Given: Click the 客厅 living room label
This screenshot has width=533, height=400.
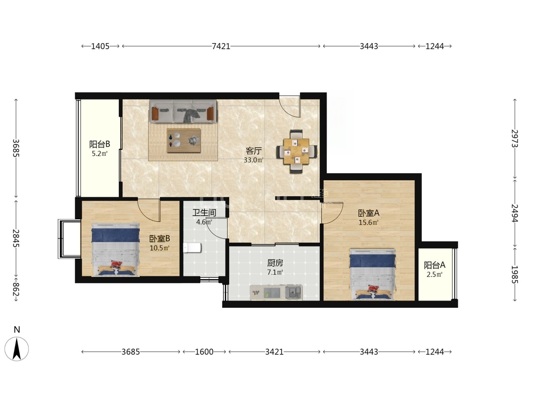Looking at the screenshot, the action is (x=254, y=151).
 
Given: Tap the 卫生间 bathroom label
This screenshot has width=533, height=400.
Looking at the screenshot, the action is (x=204, y=213).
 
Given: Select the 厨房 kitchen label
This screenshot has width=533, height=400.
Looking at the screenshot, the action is (x=275, y=263).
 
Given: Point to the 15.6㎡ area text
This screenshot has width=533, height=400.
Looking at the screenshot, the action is (x=369, y=222).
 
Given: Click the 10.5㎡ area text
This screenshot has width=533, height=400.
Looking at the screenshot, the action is (x=159, y=248).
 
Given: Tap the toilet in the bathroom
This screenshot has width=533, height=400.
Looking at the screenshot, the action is (x=192, y=248).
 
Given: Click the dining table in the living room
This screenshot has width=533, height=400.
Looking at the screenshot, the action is (x=296, y=151).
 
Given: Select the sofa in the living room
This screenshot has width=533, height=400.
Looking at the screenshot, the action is (x=183, y=111).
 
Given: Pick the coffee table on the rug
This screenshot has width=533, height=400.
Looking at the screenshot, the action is (x=184, y=140).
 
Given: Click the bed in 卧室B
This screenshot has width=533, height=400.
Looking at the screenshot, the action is (x=115, y=250).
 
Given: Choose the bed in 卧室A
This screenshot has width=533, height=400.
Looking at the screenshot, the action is (x=372, y=274).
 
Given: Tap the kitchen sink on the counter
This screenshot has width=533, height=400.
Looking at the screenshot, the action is (x=293, y=292).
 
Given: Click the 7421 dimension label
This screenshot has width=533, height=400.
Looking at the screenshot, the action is (x=221, y=46).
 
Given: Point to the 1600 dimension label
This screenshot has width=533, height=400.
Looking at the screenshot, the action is (x=204, y=352).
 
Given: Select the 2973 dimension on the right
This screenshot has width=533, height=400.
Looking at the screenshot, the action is (x=515, y=138).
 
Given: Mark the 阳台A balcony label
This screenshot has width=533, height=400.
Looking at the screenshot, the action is (x=434, y=265).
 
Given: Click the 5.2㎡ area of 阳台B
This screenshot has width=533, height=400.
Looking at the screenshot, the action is (x=100, y=154).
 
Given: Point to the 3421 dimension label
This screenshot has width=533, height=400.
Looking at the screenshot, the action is (x=274, y=352).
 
